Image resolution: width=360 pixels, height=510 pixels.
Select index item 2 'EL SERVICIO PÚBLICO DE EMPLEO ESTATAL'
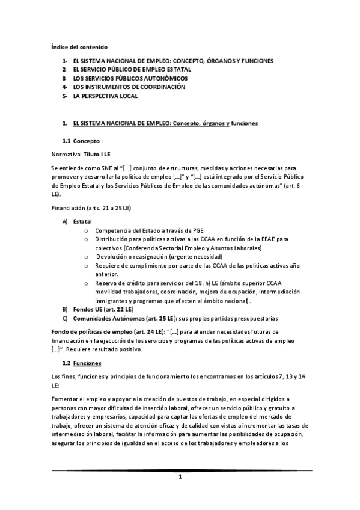click(127, 70)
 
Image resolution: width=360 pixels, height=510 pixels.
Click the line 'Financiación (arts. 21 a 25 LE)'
click(91, 208)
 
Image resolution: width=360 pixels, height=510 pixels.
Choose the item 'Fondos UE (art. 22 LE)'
click(103, 309)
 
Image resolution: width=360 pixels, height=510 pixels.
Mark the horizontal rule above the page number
click(180, 470)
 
